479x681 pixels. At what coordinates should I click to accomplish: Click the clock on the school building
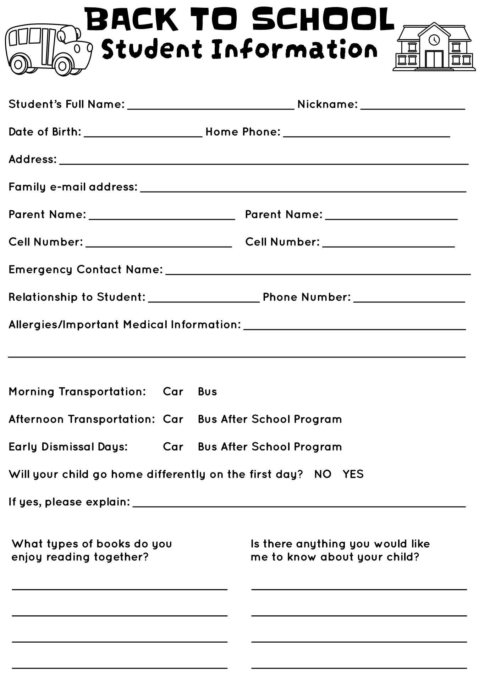tap(434, 39)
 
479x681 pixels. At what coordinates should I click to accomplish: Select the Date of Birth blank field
tap(143, 134)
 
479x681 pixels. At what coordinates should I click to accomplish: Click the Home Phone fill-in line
tap(367, 134)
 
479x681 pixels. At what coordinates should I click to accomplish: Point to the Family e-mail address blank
tap(303, 189)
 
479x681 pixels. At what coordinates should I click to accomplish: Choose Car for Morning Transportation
tap(173, 392)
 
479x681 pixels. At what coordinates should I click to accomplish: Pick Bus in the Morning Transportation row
tap(207, 392)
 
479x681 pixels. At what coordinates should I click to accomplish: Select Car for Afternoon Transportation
tap(173, 419)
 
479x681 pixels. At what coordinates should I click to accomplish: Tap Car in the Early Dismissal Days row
tap(173, 447)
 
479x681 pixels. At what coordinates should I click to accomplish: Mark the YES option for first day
tap(353, 474)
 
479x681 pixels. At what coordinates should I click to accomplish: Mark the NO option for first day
tap(323, 474)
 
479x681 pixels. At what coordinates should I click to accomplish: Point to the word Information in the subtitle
tap(294, 49)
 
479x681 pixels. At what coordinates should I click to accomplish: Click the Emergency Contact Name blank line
tap(318, 272)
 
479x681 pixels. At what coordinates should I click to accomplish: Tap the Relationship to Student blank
tap(204, 299)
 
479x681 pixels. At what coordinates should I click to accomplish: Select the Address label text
tap(32, 159)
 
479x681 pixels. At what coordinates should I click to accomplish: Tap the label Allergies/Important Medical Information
tap(125, 325)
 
